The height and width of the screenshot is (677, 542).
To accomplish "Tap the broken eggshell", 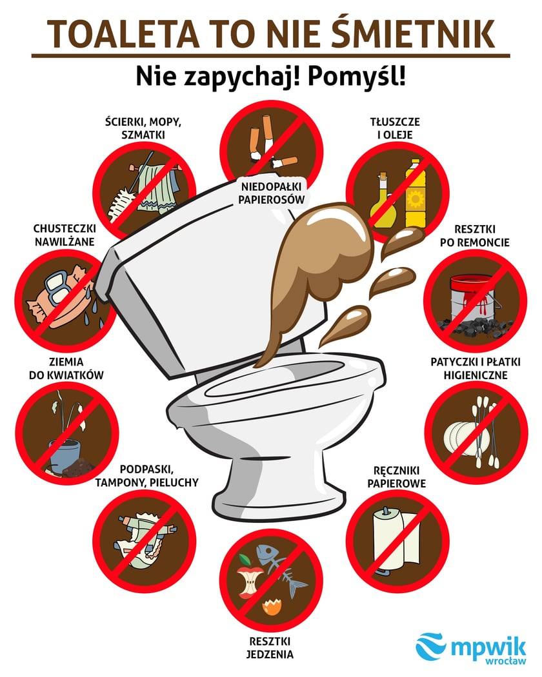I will coord(271,605).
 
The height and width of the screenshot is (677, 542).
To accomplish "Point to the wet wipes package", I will coord(55,297).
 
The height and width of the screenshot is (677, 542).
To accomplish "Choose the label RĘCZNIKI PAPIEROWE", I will coord(396,476).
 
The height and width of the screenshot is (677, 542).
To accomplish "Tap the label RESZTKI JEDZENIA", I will coord(271,648).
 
